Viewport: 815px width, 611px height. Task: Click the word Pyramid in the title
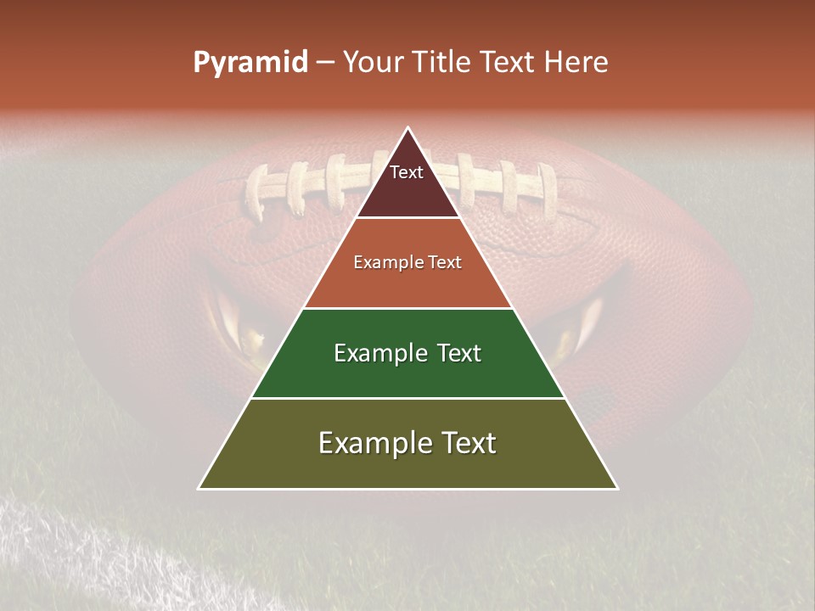tap(250, 63)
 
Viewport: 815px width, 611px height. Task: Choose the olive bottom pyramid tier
tap(407, 467)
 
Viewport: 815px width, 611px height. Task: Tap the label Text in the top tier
tap(407, 172)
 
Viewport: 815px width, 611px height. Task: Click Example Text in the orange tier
tap(407, 262)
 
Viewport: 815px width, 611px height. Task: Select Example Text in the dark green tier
tap(407, 353)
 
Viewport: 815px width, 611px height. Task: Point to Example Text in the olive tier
tap(407, 443)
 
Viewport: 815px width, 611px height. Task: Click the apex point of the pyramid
tap(407, 128)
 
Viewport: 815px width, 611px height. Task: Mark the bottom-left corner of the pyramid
tap(200, 488)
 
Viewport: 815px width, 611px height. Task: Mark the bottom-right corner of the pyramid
tap(616, 488)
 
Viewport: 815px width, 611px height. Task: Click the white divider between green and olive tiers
tap(407, 398)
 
